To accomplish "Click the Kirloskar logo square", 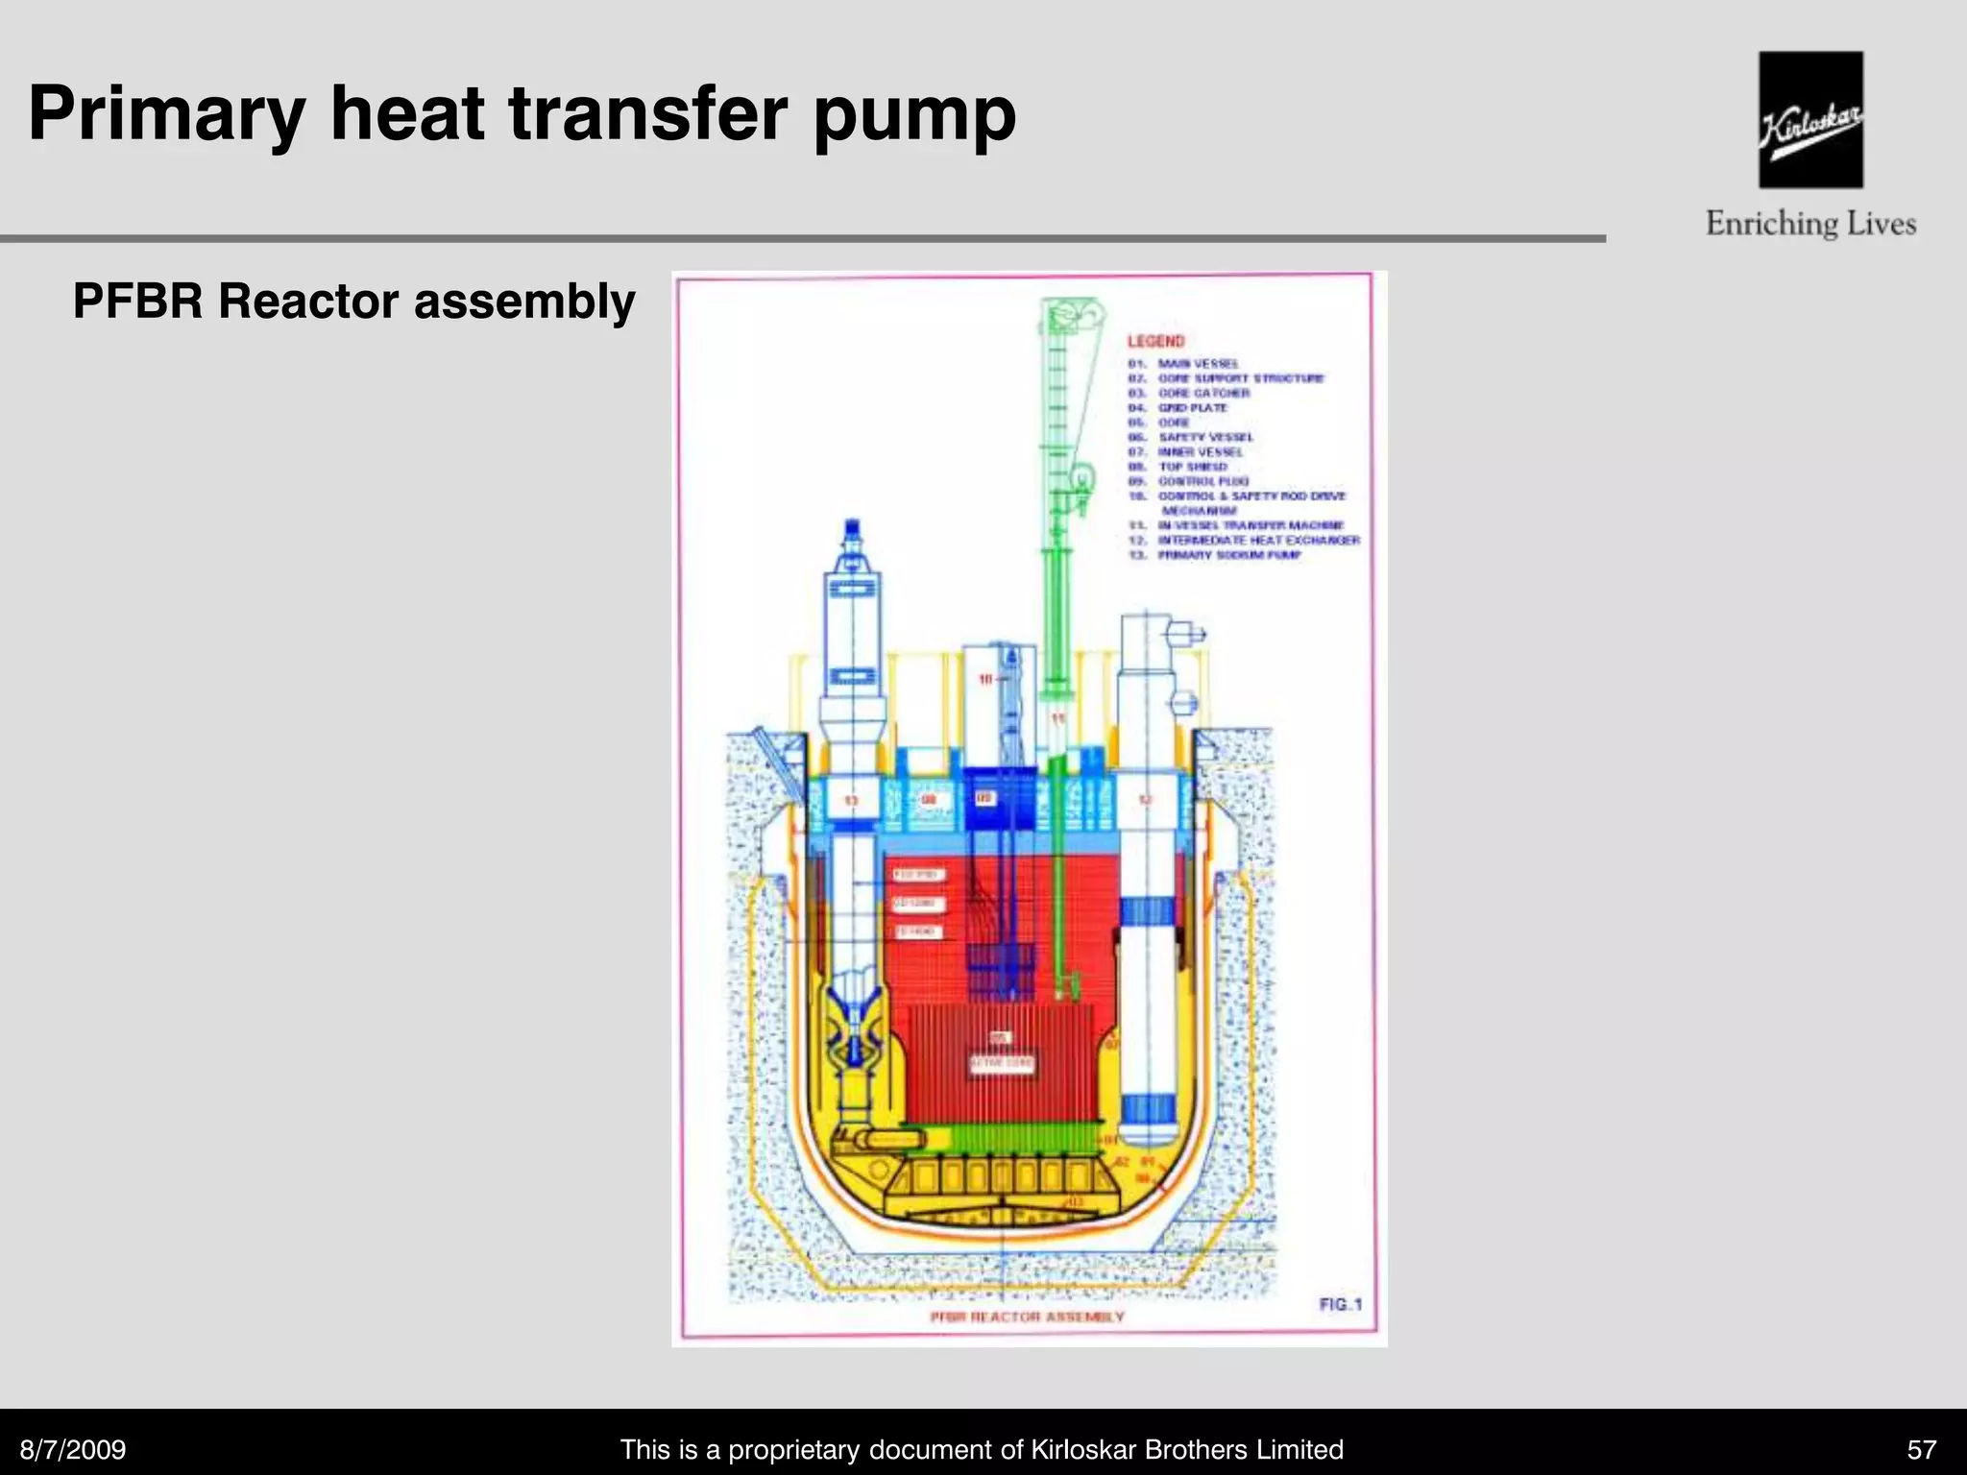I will coord(1810,119).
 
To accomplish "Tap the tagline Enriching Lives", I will coord(1810,224).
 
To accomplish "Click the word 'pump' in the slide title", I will coord(913,115).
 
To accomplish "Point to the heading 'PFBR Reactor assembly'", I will coord(353,302).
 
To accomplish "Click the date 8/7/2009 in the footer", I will coord(74,1449).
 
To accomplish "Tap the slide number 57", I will coord(1922,1449).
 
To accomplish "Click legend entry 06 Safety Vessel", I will coord(1204,437).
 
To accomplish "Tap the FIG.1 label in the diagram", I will coord(1340,1304).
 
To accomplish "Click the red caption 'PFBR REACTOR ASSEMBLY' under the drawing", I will coord(1027,1317).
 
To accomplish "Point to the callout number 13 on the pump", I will coord(851,800).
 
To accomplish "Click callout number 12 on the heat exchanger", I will coord(1145,800).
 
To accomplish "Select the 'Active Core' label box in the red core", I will coord(1002,1063).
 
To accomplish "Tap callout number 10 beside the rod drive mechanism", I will coord(985,679).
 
